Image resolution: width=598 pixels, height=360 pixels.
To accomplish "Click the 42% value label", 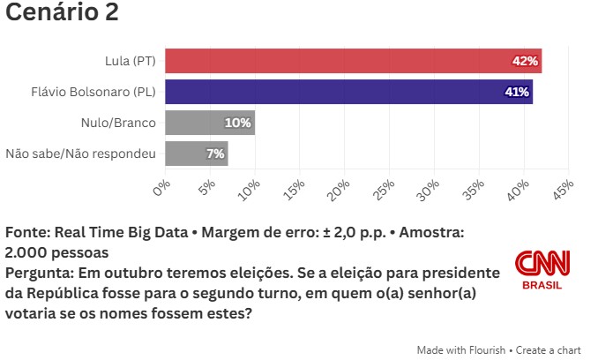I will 525,61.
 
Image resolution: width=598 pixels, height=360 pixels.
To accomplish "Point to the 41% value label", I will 516,92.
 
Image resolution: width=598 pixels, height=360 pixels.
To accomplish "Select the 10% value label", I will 238,123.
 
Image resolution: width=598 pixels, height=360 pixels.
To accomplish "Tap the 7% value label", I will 215,154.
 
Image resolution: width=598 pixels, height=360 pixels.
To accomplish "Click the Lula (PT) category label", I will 129,61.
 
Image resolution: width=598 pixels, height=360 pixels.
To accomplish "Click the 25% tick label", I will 383,190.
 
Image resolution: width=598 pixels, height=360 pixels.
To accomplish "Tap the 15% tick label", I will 293,190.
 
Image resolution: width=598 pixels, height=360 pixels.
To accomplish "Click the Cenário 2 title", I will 62,13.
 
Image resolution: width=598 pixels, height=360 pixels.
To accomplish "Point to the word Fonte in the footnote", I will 26,233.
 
